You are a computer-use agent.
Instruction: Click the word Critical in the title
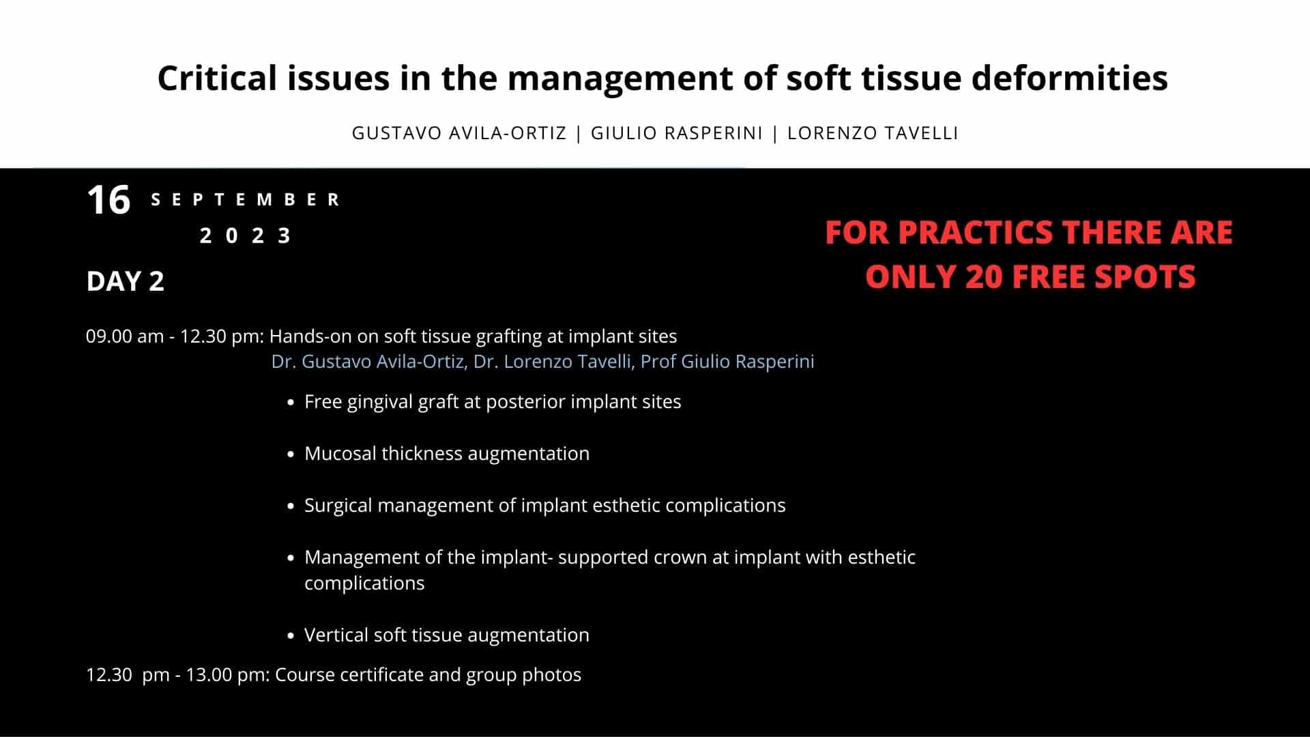point(216,78)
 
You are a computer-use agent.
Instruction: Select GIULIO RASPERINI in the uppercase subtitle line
point(676,133)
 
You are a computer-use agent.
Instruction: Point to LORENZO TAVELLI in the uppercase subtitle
point(873,133)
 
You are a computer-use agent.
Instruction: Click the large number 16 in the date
point(108,201)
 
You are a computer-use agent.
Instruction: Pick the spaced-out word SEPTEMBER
point(246,200)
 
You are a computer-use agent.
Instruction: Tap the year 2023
point(246,236)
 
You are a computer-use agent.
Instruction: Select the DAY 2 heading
point(125,281)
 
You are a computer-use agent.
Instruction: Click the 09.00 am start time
point(125,336)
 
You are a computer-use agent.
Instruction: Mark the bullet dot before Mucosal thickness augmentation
point(291,454)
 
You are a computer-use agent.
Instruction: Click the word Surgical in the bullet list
point(338,506)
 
